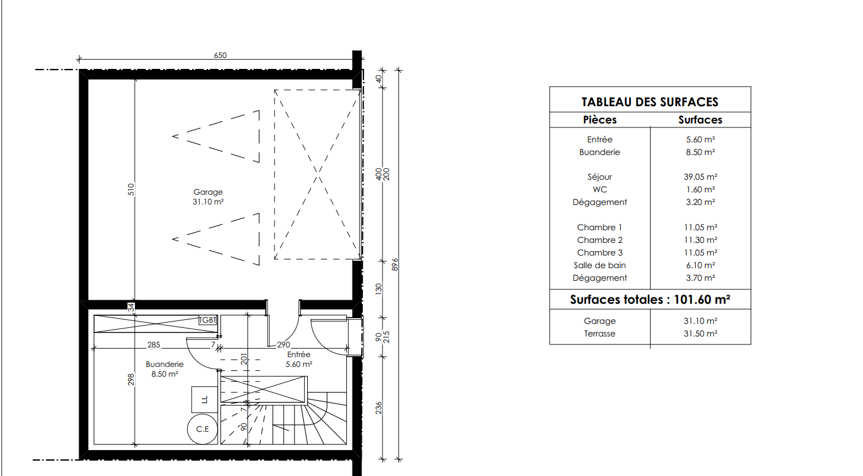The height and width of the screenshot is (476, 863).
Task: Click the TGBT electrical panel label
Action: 208,320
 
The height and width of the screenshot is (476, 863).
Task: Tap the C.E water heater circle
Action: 203,429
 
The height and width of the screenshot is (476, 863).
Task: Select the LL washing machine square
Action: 204,400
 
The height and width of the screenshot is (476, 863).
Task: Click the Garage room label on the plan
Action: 208,192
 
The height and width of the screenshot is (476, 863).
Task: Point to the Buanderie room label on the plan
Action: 165,364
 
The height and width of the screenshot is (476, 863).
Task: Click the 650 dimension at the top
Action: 220,56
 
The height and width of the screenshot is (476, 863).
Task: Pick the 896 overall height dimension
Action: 395,265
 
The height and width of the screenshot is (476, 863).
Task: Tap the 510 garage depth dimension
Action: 131,189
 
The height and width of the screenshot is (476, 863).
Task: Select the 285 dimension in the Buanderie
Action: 154,345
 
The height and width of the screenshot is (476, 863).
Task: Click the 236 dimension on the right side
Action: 379,408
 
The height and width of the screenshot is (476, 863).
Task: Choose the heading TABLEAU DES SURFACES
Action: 650,102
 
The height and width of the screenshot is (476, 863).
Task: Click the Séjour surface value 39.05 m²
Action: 701,177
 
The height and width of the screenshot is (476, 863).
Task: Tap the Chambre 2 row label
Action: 600,240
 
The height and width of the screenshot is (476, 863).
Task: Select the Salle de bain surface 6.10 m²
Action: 701,265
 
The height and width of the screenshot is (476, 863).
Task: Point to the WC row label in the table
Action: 600,189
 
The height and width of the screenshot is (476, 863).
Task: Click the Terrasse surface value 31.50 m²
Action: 701,334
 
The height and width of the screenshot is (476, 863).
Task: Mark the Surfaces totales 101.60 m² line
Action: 650,300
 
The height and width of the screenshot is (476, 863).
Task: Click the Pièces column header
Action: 600,120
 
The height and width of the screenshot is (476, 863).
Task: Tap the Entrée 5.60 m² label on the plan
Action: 299,359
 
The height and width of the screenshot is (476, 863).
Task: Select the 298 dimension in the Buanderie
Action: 131,380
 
